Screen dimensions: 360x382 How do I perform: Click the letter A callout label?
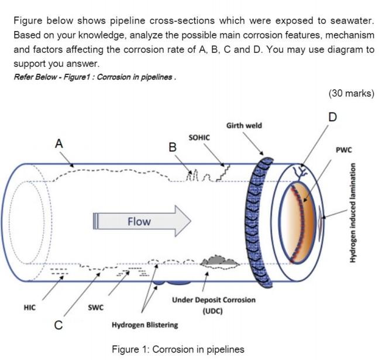(x=59, y=142)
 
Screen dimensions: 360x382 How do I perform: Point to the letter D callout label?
(x=332, y=116)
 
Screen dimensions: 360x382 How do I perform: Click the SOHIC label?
(x=199, y=137)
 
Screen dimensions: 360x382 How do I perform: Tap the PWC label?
(x=344, y=150)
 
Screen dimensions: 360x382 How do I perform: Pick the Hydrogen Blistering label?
(x=144, y=324)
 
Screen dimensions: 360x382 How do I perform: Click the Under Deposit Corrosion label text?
(x=214, y=300)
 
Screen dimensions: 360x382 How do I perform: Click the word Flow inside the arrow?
(x=139, y=221)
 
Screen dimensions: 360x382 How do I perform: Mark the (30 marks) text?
(x=350, y=92)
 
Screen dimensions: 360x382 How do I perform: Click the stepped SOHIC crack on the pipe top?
(x=223, y=172)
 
